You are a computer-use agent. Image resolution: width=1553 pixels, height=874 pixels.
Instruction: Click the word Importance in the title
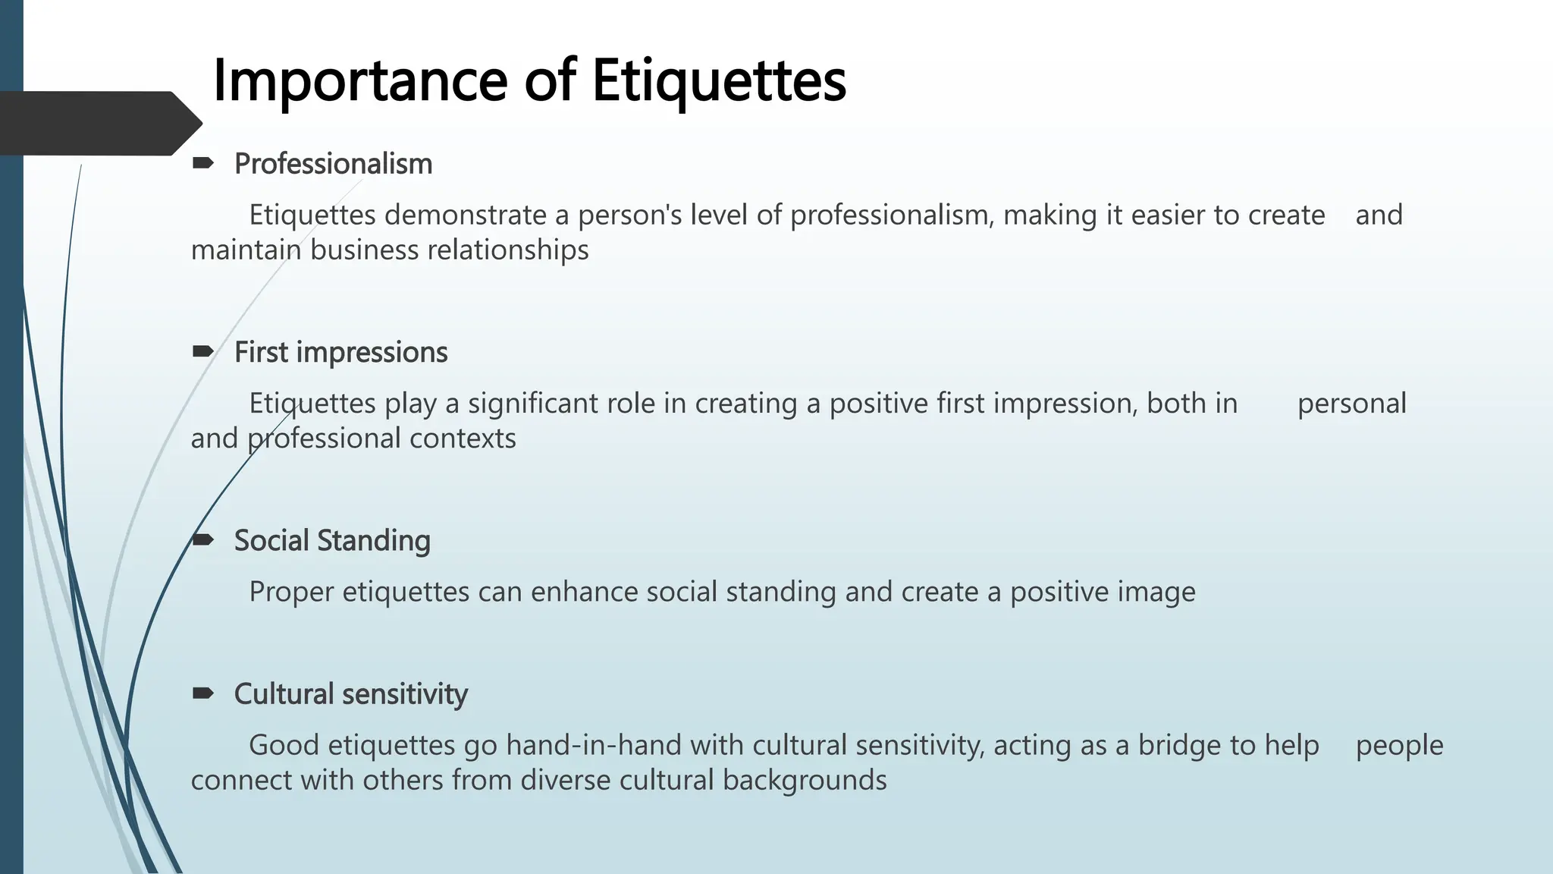click(x=360, y=81)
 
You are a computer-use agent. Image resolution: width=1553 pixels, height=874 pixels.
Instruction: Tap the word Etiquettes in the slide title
click(x=718, y=81)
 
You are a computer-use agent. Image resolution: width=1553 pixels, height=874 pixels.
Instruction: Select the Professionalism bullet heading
click(x=333, y=164)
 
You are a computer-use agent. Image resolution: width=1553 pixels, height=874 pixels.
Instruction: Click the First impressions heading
click(x=340, y=352)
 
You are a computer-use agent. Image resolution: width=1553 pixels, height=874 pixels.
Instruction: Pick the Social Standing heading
click(x=332, y=541)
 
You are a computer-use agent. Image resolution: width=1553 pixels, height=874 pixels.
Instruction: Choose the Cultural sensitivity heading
click(x=350, y=694)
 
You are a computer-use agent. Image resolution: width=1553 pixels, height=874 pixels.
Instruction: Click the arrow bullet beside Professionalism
click(x=202, y=162)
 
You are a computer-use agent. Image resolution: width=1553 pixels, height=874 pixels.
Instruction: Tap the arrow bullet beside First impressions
click(x=202, y=351)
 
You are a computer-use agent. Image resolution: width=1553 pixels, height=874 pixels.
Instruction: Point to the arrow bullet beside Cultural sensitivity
click(x=202, y=693)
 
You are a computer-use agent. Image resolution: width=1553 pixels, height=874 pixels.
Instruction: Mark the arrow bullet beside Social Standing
click(x=202, y=539)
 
